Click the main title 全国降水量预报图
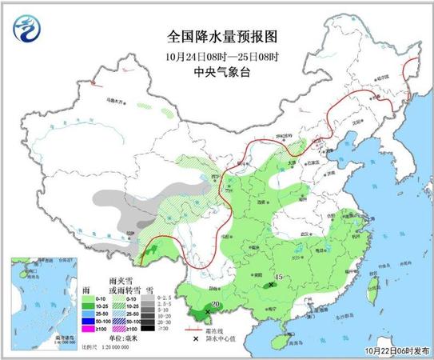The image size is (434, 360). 215,38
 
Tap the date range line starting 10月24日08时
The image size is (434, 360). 215,55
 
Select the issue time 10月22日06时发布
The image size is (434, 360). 391,350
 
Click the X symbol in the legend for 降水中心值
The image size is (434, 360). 193,338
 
